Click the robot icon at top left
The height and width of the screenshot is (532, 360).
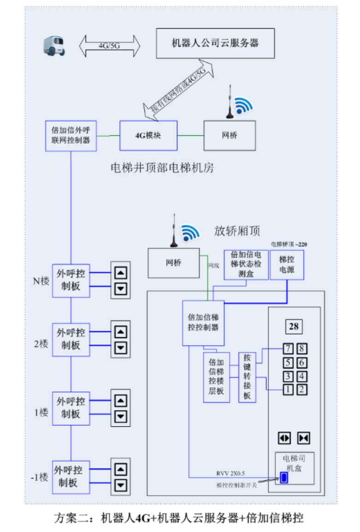click(54, 46)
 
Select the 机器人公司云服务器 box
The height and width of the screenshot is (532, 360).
click(215, 43)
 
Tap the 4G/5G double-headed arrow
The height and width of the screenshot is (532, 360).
click(110, 46)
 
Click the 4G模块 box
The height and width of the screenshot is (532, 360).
click(148, 135)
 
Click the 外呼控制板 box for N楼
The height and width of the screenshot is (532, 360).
click(71, 280)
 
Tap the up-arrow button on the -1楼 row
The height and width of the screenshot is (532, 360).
click(121, 469)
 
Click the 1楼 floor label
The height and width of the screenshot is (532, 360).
click(41, 412)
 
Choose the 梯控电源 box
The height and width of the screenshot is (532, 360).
click(287, 265)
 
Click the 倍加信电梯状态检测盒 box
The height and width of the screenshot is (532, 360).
click(246, 264)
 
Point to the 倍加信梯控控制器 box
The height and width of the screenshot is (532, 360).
click(203, 322)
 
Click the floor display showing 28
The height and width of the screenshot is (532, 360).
click(294, 327)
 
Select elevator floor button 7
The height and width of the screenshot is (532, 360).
click(288, 349)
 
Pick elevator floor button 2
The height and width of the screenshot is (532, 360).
click(301, 389)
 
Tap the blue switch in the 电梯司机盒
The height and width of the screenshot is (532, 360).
click(284, 478)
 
